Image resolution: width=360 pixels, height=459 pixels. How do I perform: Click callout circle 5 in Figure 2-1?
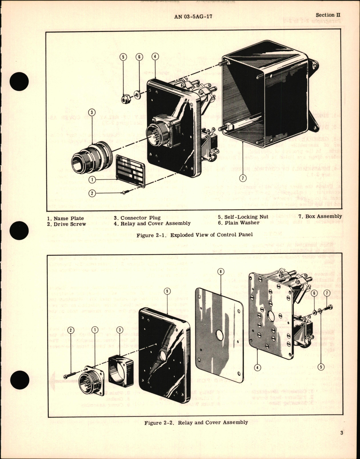(x=123, y=57)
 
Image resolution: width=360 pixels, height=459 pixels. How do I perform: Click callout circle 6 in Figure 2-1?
(x=139, y=57)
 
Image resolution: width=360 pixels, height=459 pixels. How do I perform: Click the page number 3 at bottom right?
(x=341, y=441)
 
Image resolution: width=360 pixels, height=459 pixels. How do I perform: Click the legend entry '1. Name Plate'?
(x=65, y=218)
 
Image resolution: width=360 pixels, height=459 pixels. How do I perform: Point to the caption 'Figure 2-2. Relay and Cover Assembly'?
(x=196, y=422)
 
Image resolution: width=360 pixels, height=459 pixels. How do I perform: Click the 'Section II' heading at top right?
(x=328, y=15)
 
